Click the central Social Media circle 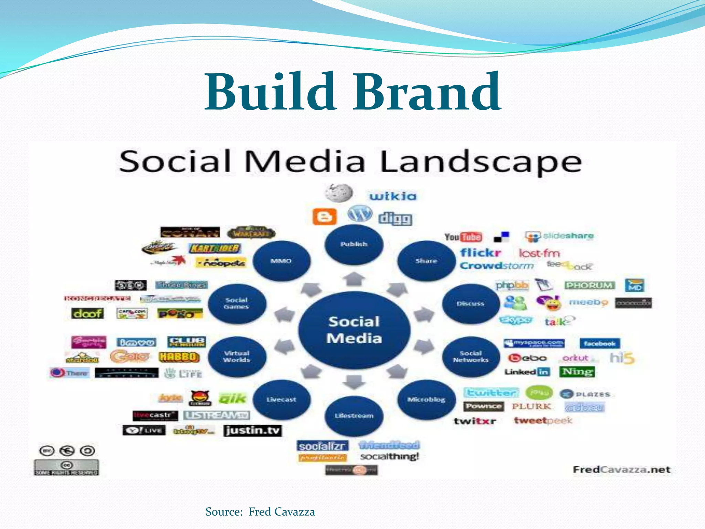(x=354, y=330)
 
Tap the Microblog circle (x=426, y=400)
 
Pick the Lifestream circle (x=354, y=416)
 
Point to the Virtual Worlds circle (x=237, y=356)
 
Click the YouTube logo (x=463, y=237)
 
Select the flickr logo (x=481, y=253)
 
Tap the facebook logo (x=599, y=343)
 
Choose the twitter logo (x=491, y=393)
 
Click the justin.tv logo (x=253, y=431)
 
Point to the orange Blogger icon (x=324, y=217)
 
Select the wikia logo (x=393, y=196)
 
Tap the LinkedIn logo (x=527, y=372)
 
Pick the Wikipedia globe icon (x=339, y=193)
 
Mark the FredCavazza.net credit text (x=622, y=470)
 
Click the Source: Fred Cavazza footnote (x=260, y=512)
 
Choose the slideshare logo (x=559, y=236)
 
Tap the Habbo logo (x=179, y=357)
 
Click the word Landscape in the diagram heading (x=481, y=162)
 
